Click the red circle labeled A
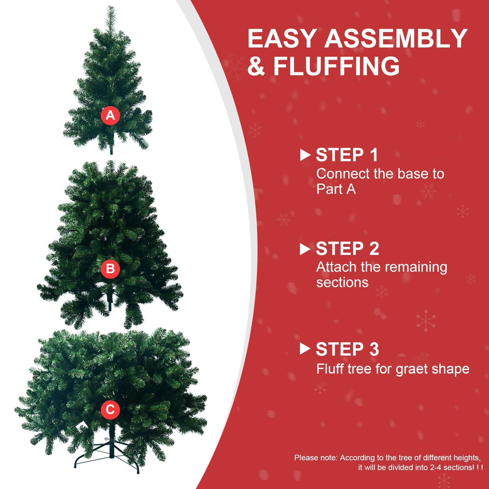(x=110, y=115)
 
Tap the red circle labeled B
(x=110, y=269)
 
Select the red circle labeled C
(x=110, y=409)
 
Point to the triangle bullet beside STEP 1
(x=305, y=155)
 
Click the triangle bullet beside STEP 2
(x=305, y=249)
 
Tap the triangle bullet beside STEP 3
(x=305, y=349)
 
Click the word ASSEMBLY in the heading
(x=396, y=38)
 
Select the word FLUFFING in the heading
(x=336, y=66)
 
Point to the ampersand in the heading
(x=256, y=66)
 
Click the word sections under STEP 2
(x=342, y=283)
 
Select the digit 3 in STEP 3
(x=374, y=349)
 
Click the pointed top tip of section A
(x=111, y=6)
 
